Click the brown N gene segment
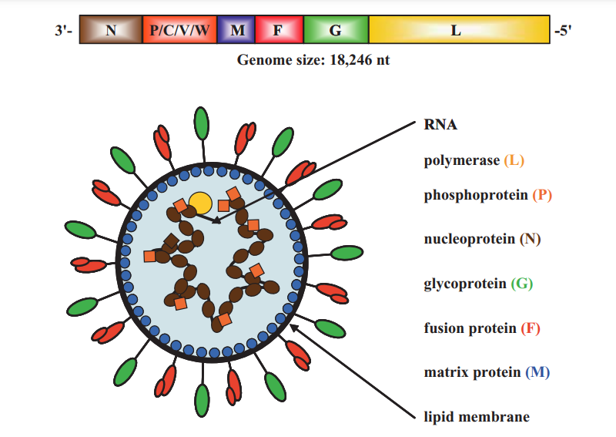coord(111,30)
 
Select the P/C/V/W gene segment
coord(179,30)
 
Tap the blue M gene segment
coord(237,30)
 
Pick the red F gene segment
coord(280,30)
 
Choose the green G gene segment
coord(336,30)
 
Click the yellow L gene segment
coord(460,30)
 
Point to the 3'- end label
coord(65,31)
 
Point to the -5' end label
coord(564,31)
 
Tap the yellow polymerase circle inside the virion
coord(200,202)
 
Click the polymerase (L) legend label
coord(474,160)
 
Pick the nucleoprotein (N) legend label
coord(482,239)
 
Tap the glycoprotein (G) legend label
coord(478,283)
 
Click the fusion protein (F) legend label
coord(482,328)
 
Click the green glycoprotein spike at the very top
coord(202,122)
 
